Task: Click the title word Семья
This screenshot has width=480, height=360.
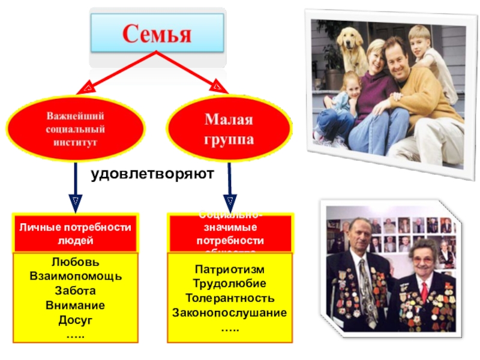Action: pos(157,34)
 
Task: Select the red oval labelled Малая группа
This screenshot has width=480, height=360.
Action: pos(229,129)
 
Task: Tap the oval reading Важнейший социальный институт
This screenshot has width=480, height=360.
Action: pos(76,128)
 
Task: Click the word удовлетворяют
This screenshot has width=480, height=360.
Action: pos(152,174)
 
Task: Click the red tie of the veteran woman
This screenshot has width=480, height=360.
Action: pos(424,291)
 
